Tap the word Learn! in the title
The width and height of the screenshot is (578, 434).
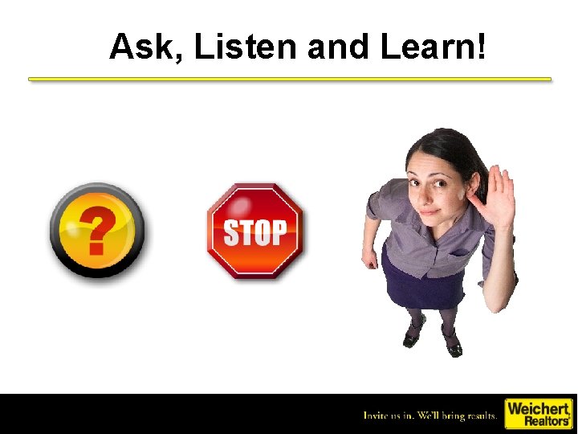433,47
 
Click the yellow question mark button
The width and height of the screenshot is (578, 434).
97,231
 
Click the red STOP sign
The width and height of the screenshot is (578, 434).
255,231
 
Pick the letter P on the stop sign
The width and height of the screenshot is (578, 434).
277,232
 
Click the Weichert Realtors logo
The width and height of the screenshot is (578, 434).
537,414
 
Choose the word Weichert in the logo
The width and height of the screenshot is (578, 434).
536,408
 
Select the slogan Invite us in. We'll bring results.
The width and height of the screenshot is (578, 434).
430,416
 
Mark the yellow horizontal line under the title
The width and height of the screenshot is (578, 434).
290,79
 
